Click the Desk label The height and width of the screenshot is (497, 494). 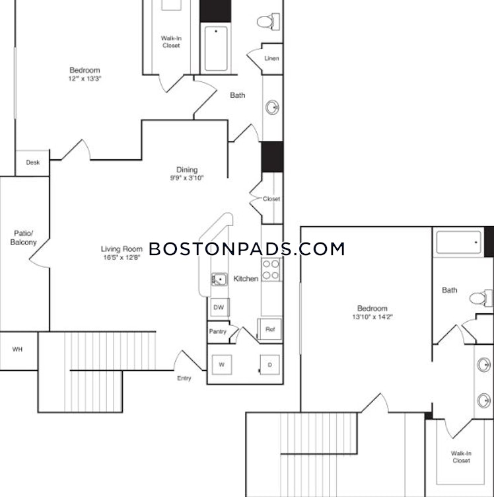(32, 163)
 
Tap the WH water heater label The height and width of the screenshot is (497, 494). (17, 350)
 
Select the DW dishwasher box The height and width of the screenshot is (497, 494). (219, 307)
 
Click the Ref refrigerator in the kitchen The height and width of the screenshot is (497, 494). (269, 329)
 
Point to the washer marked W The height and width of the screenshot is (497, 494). (222, 365)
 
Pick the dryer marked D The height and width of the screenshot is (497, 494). (269, 365)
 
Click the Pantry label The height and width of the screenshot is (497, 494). (217, 332)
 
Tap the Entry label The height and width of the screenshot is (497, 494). (184, 378)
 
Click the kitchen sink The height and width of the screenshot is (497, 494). (219, 280)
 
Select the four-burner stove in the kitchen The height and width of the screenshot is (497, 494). (271, 270)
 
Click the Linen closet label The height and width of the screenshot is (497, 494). (271, 58)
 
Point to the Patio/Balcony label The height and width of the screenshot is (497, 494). (23, 238)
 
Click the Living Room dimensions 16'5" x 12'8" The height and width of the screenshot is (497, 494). (122, 257)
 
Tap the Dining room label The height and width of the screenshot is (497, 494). (187, 170)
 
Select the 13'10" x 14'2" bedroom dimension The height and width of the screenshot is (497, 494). (372, 317)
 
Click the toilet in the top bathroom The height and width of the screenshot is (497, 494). (268, 22)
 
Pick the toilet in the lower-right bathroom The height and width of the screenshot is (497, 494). (481, 298)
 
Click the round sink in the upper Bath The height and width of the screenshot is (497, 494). (272, 108)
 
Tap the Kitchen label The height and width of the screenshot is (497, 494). (246, 279)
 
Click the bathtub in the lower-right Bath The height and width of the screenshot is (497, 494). (458, 243)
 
